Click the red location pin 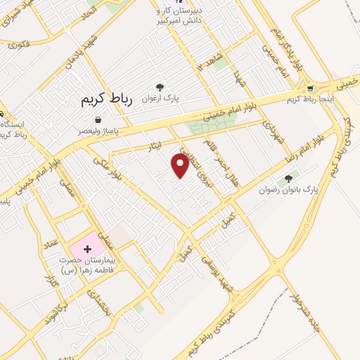point(181,165)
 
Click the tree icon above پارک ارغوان point(161,87)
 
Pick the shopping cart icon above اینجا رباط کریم point(310,89)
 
